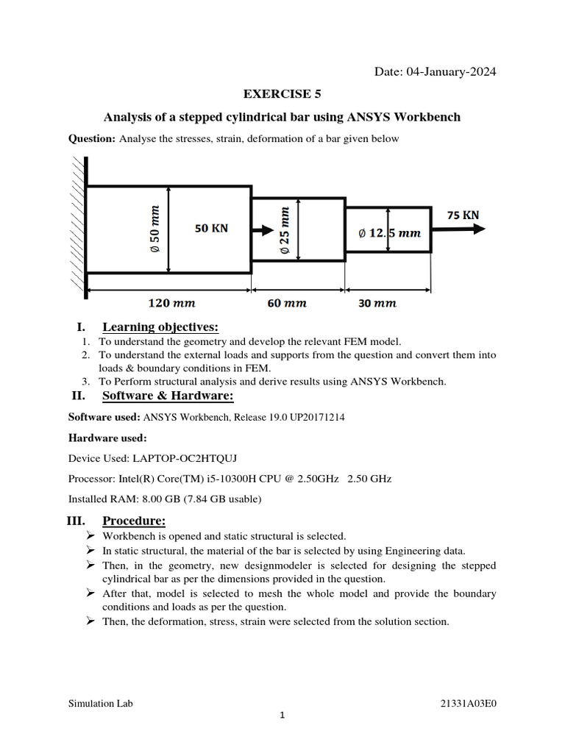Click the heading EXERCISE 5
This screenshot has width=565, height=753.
[282, 94]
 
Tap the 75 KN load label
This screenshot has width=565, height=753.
[463, 215]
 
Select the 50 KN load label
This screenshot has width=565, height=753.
[211, 229]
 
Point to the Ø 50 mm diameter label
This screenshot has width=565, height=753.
[155, 229]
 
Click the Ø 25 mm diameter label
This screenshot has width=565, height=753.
[285, 231]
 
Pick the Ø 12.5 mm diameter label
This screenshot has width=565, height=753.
[389, 233]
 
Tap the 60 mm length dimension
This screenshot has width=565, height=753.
[287, 303]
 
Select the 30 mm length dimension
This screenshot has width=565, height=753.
[377, 303]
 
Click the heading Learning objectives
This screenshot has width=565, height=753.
[160, 327]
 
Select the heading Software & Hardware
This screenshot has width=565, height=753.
[168, 397]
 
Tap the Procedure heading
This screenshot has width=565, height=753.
[133, 521]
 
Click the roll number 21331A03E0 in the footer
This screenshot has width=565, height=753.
[468, 703]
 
